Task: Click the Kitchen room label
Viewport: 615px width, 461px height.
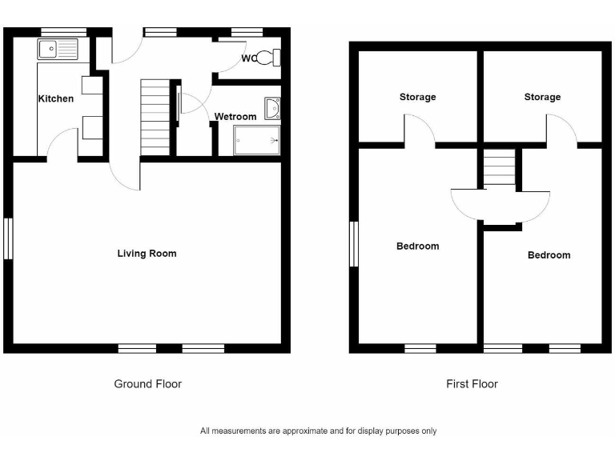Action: (x=56, y=99)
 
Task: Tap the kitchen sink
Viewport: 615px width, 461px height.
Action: (x=57, y=50)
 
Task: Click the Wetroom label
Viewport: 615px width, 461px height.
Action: (x=235, y=117)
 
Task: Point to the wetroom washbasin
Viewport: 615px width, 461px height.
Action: (x=272, y=108)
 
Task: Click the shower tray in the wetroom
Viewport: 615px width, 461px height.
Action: (x=256, y=140)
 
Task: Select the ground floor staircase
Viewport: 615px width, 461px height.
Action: (x=155, y=117)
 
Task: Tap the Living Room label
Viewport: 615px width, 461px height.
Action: (x=147, y=254)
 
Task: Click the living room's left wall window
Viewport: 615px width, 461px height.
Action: (x=8, y=239)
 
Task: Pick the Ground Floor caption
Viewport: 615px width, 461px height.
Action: (x=147, y=384)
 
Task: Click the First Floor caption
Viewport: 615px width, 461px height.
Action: (x=472, y=384)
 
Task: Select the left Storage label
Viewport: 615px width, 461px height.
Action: (x=418, y=98)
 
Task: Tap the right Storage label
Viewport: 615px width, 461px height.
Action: (x=542, y=98)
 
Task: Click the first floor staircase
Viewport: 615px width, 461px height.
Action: (x=499, y=169)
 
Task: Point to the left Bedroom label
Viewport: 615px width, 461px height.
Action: (x=418, y=247)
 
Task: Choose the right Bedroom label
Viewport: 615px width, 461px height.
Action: (x=549, y=255)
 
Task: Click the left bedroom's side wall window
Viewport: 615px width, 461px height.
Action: (x=353, y=243)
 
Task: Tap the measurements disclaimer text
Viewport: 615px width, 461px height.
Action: (x=318, y=431)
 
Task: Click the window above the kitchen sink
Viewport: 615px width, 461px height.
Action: (x=63, y=32)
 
